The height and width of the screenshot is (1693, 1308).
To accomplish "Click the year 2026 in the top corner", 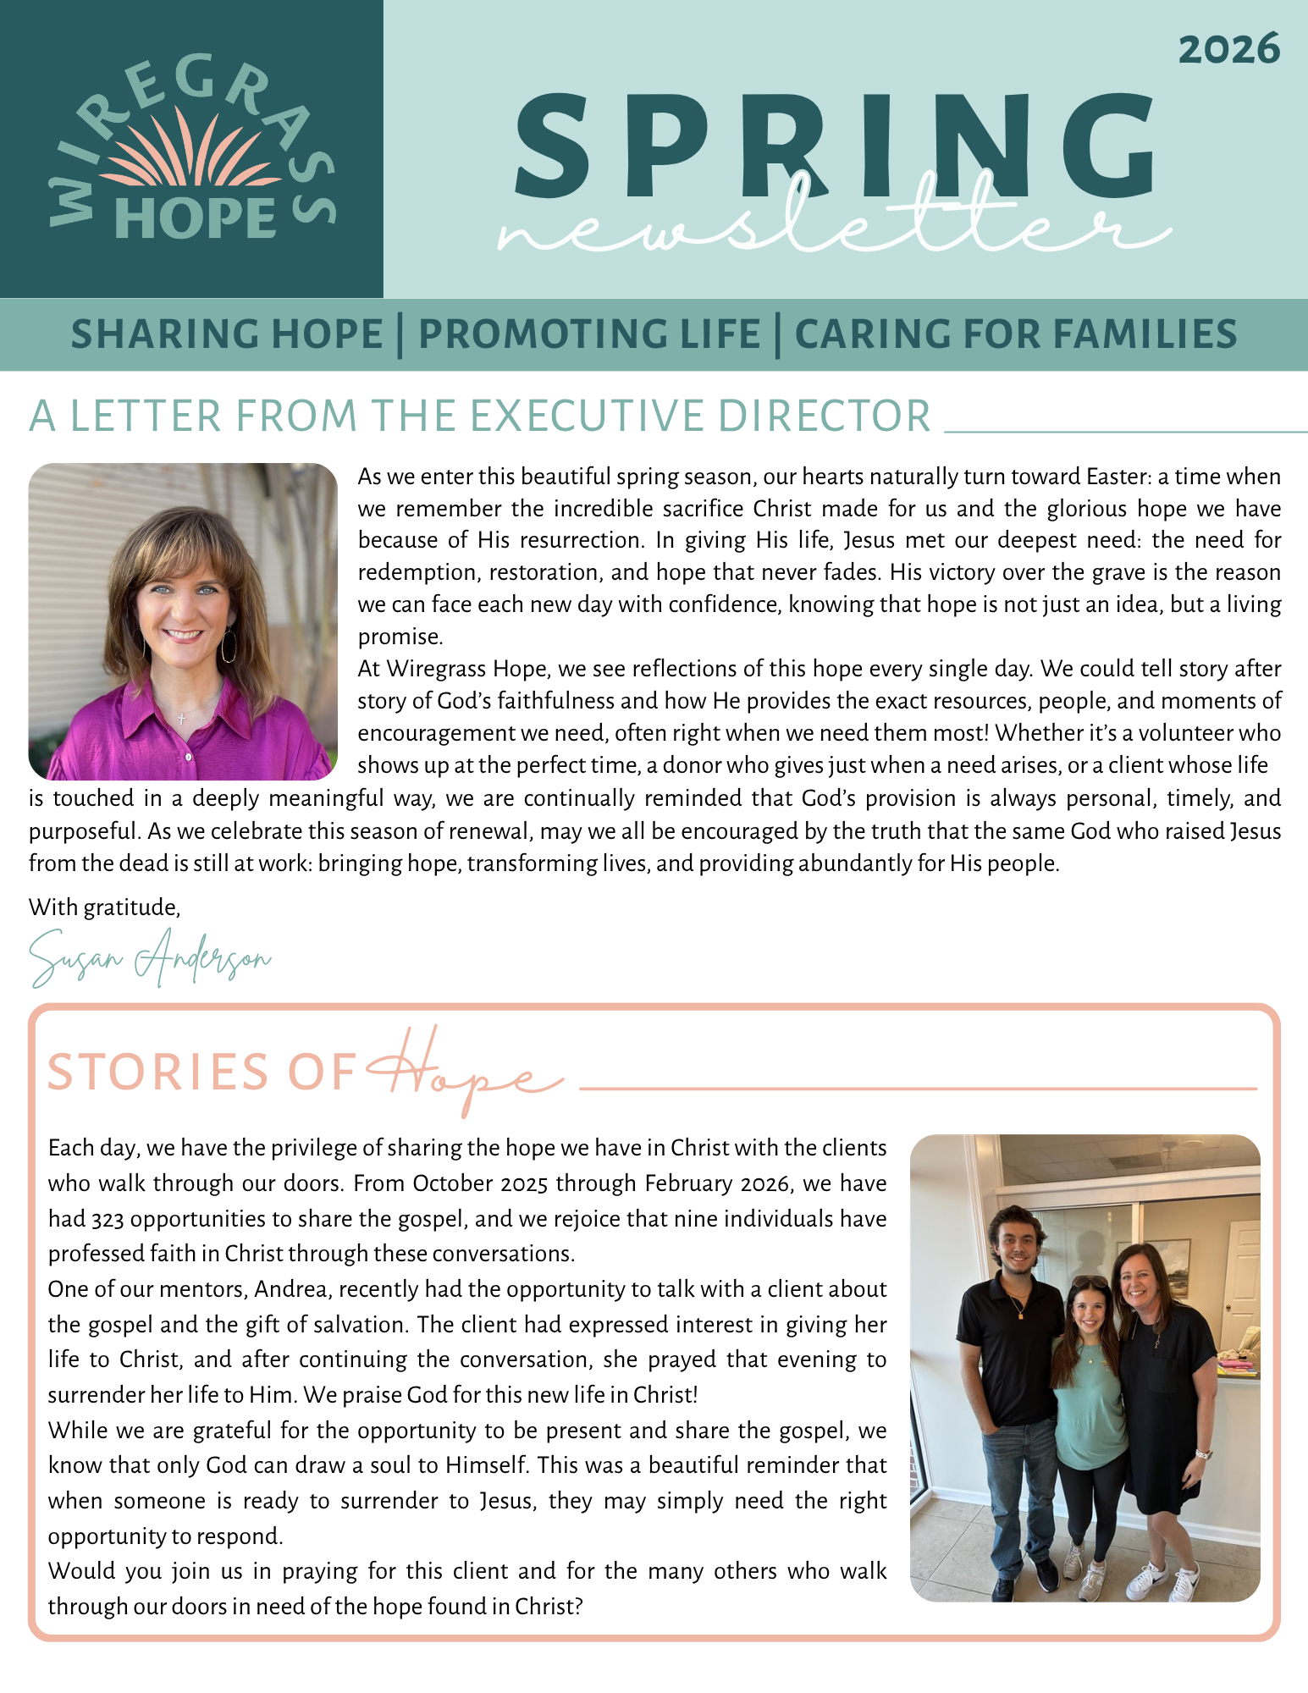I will pos(1228,49).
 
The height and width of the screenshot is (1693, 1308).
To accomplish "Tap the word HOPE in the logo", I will pos(196,218).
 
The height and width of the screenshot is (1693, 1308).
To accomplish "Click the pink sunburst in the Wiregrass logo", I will pos(191,152).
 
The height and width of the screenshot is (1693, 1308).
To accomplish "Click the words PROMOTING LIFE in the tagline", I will pos(589,334).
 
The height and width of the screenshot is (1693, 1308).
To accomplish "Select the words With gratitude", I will pos(105,907).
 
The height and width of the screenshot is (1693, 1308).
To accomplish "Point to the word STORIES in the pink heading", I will pos(157,1073).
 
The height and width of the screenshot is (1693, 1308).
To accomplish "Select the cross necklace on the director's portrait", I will pos(181,719).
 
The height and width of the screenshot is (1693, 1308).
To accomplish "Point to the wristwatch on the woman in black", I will pos(1203,1455).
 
